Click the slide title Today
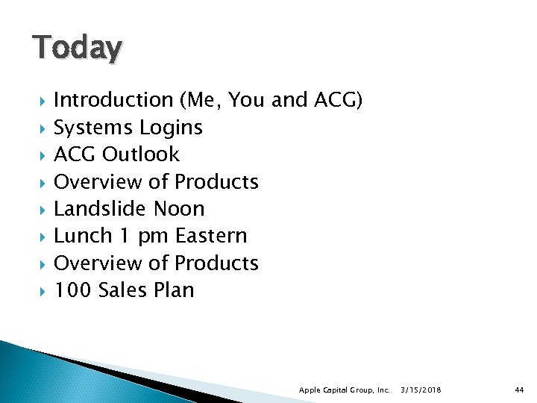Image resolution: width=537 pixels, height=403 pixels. pos(77,49)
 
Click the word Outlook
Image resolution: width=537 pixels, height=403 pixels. pos(141,154)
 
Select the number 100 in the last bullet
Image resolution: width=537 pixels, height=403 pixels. pos(72,290)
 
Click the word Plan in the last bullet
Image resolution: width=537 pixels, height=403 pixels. pos(175,290)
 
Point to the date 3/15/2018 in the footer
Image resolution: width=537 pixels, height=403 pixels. pos(421,390)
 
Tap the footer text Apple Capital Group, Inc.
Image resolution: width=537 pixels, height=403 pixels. pos(345,390)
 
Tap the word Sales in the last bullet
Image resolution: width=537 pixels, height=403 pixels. pos(122,290)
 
